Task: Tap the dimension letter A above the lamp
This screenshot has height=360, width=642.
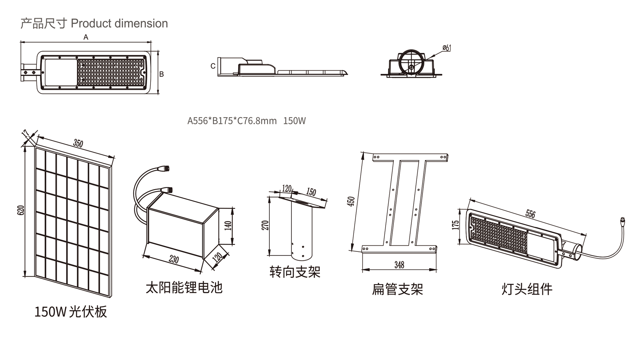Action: [86, 37]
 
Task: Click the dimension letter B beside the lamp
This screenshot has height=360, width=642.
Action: [162, 74]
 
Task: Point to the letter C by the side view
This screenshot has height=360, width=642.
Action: [213, 66]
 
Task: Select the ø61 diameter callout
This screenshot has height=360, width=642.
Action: [446, 48]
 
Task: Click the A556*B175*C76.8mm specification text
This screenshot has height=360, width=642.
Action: [232, 121]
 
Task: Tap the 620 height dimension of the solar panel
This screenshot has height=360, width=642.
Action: [21, 210]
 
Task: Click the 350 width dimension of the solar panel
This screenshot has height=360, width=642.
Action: [78, 143]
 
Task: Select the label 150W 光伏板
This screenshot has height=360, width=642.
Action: [71, 312]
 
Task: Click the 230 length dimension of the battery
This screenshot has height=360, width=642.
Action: [174, 259]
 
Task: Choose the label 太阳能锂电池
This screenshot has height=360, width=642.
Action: [184, 288]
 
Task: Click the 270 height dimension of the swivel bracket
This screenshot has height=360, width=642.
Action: [265, 225]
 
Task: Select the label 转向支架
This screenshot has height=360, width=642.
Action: [295, 272]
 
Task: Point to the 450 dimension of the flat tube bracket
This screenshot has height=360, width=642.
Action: [351, 201]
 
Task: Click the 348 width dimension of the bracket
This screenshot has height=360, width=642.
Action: [399, 265]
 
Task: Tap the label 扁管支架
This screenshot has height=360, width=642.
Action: [397, 289]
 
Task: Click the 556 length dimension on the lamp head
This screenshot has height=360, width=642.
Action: [530, 214]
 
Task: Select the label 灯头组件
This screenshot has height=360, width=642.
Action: [527, 289]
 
